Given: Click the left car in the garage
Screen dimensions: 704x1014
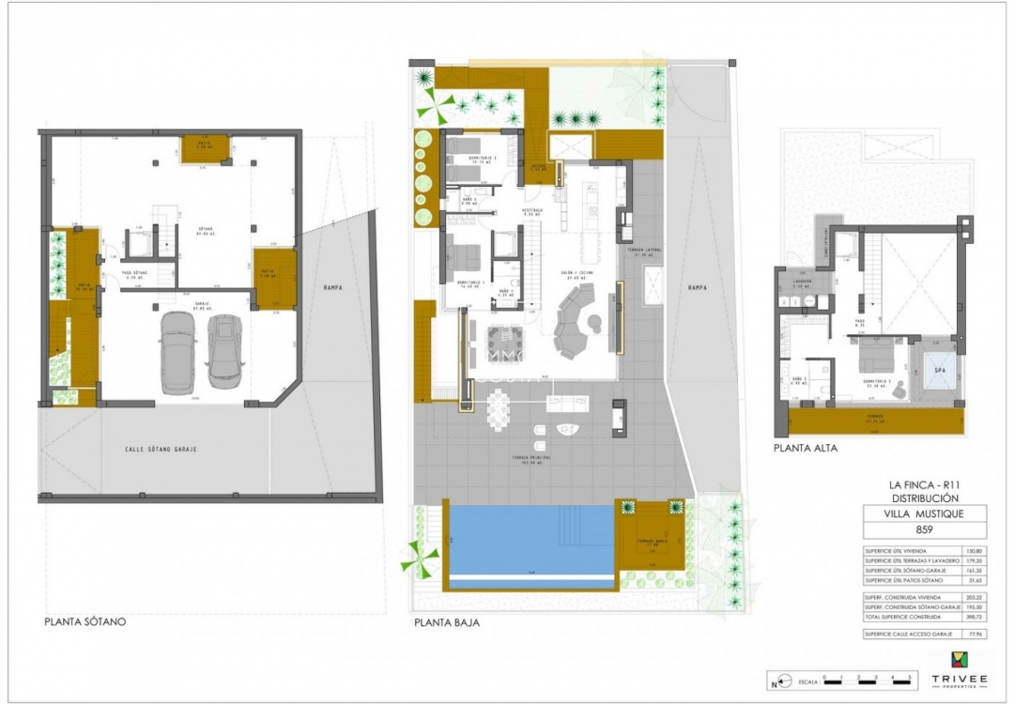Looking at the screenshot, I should pyautogui.click(x=178, y=352).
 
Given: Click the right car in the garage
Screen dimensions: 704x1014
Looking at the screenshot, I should pyautogui.click(x=224, y=351).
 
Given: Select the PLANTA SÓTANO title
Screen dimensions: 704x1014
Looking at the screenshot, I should pyautogui.click(x=85, y=621).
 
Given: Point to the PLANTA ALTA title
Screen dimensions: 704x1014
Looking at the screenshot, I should pyautogui.click(x=806, y=449).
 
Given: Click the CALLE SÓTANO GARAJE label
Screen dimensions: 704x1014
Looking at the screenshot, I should pyautogui.click(x=161, y=449).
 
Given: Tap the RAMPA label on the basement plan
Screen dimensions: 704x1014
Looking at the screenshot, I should pyautogui.click(x=331, y=288).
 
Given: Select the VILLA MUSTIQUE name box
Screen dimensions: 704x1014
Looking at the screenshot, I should pyautogui.click(x=926, y=513).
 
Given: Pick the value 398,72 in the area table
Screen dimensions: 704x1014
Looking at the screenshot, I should pyautogui.click(x=976, y=618).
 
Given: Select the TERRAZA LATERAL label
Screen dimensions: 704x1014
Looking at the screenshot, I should pyautogui.click(x=643, y=252).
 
